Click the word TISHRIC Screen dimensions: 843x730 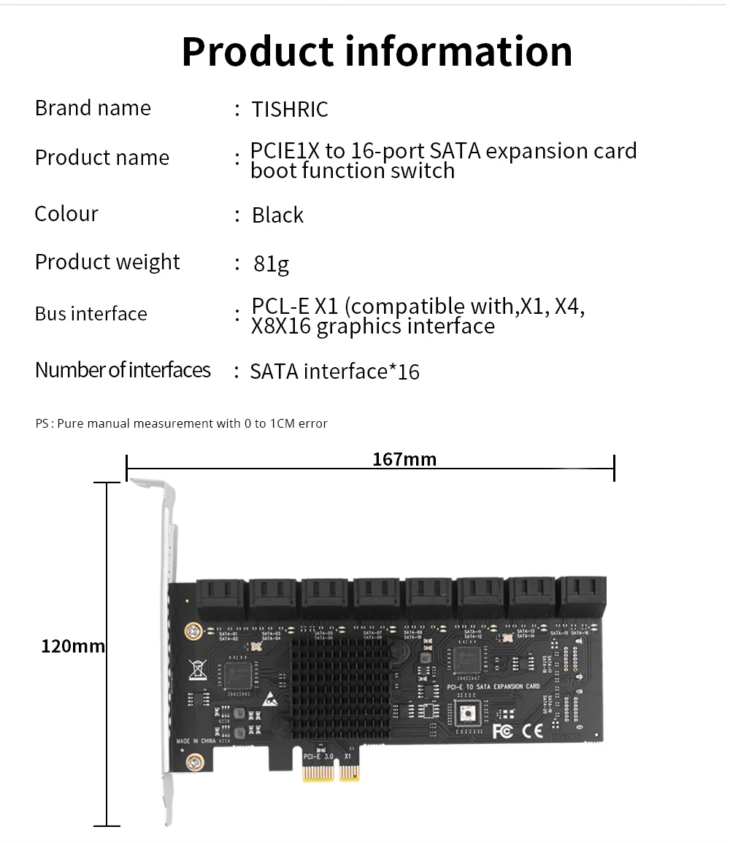pos(290,109)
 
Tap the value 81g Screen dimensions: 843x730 pos(271,263)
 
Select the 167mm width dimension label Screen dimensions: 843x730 pos(404,459)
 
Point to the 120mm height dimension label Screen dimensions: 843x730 pos(73,646)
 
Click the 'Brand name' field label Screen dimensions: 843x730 pos(93,108)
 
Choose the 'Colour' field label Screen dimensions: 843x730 pos(66,214)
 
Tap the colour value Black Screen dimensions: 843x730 pos(277,215)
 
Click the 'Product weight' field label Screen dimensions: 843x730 pos(107,262)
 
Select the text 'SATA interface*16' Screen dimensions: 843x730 pos(334,372)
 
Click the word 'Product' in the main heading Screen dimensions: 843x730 pos(257,51)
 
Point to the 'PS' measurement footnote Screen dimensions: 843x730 pos(182,423)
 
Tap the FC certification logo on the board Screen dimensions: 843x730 pos(503,731)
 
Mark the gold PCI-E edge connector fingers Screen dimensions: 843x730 pos(330,772)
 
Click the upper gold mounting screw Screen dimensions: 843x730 pos(193,630)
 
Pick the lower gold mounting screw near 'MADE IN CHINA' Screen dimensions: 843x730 pos(194,763)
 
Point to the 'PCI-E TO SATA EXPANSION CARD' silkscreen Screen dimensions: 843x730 pos(493,687)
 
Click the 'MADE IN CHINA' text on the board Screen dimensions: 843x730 pos(197,742)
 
